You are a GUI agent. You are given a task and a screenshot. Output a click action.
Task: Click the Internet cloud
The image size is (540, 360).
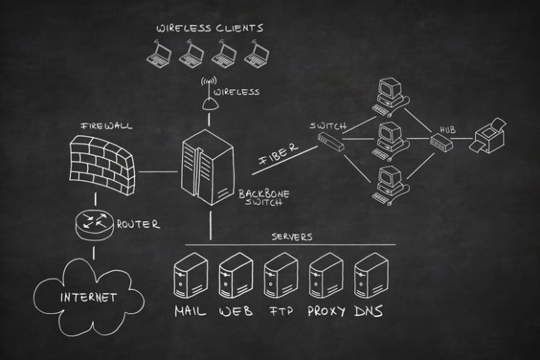point(89,297)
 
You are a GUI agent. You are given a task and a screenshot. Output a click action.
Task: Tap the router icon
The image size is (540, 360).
point(94,224)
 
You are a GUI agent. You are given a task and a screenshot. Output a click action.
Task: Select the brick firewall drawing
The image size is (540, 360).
point(102,165)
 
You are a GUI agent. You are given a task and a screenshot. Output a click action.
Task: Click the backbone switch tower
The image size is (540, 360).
point(208,167)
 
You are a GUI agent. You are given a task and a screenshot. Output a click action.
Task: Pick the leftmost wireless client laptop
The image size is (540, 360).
point(159,54)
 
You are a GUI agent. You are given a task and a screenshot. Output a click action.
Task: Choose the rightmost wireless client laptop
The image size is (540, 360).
point(257,54)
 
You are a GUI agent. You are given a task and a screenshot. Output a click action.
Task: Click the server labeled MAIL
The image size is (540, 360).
point(191,275)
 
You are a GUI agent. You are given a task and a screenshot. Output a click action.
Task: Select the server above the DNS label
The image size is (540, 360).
point(371,275)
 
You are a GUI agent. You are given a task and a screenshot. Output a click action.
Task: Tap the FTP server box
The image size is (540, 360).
point(281,275)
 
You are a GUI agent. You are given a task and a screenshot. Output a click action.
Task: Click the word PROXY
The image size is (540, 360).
point(326,311)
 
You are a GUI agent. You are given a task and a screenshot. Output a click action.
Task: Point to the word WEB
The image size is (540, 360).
point(236,311)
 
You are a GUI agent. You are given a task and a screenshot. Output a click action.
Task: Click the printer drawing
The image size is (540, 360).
point(488,136)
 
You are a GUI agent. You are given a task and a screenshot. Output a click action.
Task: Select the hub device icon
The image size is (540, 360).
point(441,142)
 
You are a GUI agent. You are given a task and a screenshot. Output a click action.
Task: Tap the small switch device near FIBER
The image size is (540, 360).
point(331,141)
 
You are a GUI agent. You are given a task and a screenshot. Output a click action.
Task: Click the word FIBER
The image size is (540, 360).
point(278,153)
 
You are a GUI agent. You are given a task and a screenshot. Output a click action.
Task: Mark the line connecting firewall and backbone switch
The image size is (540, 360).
point(157,171)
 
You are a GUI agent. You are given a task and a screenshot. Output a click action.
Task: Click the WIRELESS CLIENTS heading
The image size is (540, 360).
point(210,29)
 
